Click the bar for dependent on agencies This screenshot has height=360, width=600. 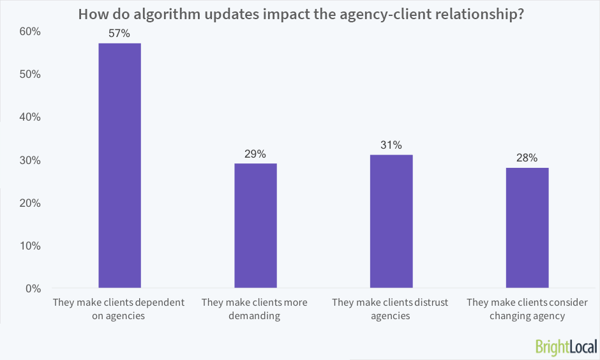pos(119,166)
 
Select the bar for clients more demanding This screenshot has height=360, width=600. pos(255,226)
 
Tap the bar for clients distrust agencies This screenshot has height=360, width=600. pos(391,221)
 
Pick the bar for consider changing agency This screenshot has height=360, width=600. pos(527,228)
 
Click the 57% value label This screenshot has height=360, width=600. pos(119,33)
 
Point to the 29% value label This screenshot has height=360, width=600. pos(255,154)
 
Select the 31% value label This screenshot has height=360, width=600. pos(391,145)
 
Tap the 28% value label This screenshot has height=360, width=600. pos(527,158)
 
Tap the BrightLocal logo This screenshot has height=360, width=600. pos(566,347)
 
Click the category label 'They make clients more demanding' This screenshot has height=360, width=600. pos(255,309)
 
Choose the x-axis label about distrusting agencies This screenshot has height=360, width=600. pos(391,309)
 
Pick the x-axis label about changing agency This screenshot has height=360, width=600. pos(527,309)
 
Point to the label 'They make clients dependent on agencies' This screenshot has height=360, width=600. pos(119,309)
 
